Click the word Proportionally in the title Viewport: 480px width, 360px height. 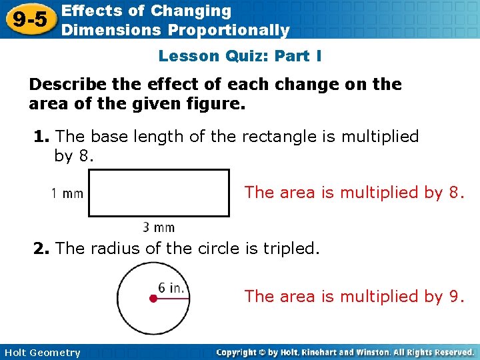[229, 30]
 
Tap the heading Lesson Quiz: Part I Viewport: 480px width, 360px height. [240, 56]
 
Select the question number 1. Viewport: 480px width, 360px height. [41, 137]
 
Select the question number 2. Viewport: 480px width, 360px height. [41, 249]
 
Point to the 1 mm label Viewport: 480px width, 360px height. [67, 194]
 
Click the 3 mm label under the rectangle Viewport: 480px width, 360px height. [159, 227]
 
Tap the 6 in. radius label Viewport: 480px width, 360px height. [172, 288]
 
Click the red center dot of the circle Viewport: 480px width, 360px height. [153, 299]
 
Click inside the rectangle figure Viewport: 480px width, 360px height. [159, 193]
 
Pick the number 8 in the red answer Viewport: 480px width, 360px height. [455, 193]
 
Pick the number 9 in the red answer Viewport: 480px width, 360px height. [455, 295]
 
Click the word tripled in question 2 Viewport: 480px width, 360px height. [292, 249]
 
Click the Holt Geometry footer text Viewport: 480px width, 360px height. [41, 353]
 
